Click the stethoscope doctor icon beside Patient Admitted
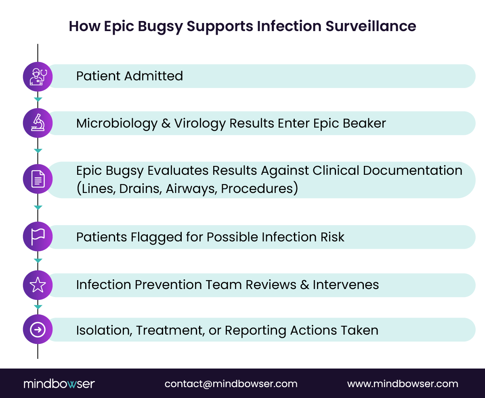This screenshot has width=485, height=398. click(x=38, y=76)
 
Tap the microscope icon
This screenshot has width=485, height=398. click(x=38, y=123)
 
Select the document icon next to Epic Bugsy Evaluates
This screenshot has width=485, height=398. click(x=38, y=179)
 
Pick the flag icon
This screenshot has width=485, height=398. click(x=38, y=237)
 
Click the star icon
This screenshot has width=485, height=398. click(x=38, y=285)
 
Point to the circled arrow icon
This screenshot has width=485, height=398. click(x=38, y=329)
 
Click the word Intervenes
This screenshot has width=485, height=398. click(x=346, y=285)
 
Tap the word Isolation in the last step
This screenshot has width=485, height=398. click(x=104, y=330)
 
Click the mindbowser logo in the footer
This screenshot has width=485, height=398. click(x=59, y=383)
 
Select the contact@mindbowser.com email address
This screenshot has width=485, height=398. click(x=231, y=383)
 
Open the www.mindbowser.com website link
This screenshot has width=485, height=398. click(x=403, y=383)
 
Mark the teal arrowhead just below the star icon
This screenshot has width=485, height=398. click(x=38, y=307)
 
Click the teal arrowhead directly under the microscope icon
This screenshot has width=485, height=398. click(x=38, y=151)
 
